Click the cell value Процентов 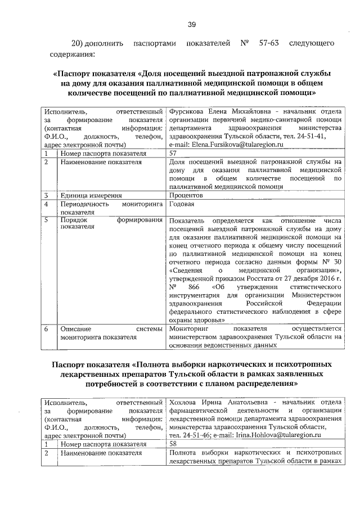[x=187, y=195]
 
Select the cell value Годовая [x=182, y=204]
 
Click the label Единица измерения [x=88, y=195]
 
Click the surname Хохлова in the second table [x=184, y=402]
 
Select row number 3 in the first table [x=48, y=195]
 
